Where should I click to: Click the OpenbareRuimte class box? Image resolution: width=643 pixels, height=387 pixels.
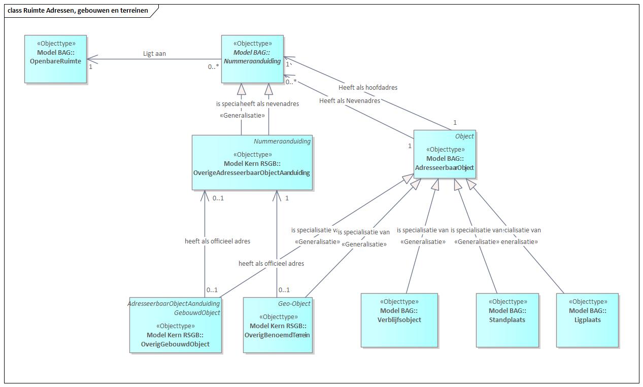click(56, 59)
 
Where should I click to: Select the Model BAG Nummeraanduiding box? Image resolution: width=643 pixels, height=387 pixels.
click(252, 59)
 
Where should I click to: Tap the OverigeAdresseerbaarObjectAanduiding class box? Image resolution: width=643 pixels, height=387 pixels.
click(252, 163)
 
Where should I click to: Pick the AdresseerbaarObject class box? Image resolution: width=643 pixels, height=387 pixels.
click(445, 154)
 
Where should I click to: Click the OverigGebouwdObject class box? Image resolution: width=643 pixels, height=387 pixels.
click(175, 325)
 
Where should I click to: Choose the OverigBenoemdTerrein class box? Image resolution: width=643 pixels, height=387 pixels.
click(277, 325)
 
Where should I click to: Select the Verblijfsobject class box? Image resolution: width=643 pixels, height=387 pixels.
click(399, 320)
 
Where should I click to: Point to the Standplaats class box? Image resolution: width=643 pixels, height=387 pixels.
click(507, 320)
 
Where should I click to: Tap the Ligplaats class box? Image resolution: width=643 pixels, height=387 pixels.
click(587, 320)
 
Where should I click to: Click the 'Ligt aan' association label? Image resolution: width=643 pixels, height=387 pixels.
click(154, 53)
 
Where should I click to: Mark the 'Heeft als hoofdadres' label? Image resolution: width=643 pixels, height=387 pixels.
click(368, 87)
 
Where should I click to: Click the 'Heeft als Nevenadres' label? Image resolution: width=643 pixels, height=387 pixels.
click(350, 100)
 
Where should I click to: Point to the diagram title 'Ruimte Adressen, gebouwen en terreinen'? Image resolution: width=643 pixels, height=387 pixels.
click(81, 10)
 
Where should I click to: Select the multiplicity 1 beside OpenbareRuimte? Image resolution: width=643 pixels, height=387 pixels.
click(90, 66)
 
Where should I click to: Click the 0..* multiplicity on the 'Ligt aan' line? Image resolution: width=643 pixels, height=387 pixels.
click(213, 66)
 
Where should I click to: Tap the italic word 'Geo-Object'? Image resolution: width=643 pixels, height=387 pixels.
click(294, 303)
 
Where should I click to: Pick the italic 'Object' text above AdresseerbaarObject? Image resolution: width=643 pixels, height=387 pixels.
click(464, 136)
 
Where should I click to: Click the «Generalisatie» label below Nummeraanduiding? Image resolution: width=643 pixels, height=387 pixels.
click(243, 115)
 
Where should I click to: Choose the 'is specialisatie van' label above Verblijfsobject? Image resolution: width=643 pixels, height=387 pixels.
click(422, 230)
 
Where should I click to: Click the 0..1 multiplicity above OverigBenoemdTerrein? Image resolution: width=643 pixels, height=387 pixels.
click(284, 290)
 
